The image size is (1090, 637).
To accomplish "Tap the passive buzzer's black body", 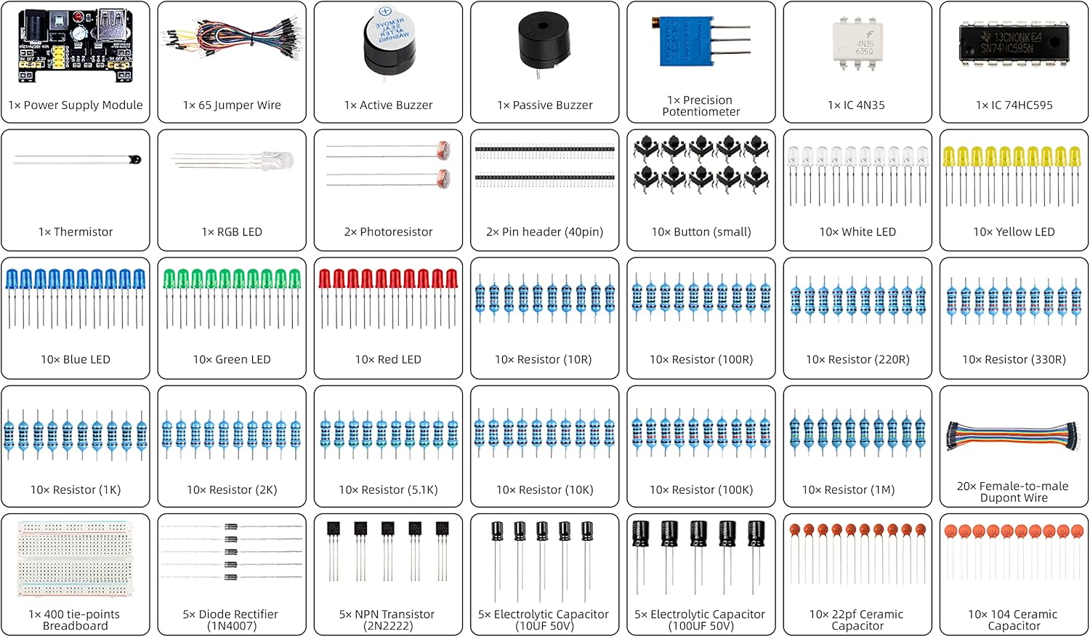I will point(544,40).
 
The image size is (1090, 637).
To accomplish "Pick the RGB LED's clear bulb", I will point(280,161).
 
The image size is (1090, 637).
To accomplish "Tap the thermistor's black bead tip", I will point(134,159).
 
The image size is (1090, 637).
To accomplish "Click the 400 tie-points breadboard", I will point(76,558).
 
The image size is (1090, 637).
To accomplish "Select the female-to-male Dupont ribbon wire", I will point(1014,436).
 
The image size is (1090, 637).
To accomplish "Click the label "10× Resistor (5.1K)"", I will point(388,490).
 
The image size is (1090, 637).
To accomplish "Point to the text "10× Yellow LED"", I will point(1014,232).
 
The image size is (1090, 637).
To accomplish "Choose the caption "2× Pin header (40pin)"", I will point(544,232).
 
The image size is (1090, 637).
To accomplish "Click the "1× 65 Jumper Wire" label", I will point(232,105).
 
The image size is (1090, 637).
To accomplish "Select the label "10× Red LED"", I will point(388,360).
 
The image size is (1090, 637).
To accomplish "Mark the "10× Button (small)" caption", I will point(701,232).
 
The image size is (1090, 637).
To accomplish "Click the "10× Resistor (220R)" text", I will point(857,360).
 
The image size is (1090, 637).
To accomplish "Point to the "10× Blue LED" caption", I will point(76,360).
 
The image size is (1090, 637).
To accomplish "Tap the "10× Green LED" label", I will point(232,360).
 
